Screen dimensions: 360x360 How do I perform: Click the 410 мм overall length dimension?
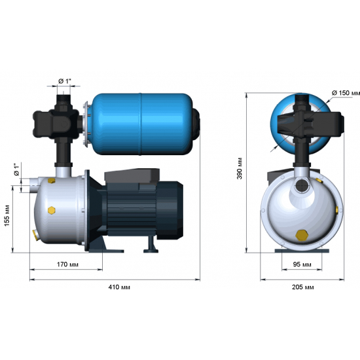coord(116,287)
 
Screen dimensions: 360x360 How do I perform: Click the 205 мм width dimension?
coord(302,287)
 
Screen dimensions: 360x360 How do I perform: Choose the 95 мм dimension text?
coord(302,264)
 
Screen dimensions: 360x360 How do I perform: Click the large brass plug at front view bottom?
coord(302,234)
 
